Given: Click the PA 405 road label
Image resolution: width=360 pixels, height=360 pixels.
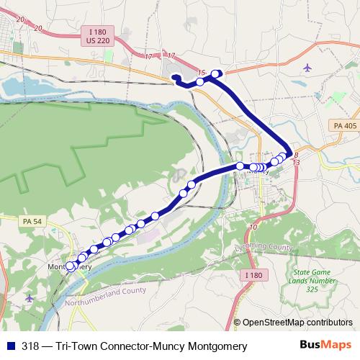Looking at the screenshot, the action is tap(345, 126).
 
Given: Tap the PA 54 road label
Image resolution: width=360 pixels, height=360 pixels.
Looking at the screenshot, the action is tap(31, 221).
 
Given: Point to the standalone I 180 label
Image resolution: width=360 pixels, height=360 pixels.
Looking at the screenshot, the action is tap(253, 274).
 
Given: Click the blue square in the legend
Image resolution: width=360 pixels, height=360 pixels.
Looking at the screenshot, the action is tap(9, 346).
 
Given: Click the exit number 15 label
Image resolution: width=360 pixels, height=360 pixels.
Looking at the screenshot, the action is tap(201, 73).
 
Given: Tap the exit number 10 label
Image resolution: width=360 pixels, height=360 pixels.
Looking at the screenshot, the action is tap(252, 228).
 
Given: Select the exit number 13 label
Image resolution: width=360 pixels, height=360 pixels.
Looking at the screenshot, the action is tap(296, 163).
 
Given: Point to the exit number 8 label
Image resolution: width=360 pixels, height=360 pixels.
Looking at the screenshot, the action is tap(295, 154).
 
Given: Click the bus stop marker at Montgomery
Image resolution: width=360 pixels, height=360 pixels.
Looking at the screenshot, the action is tap(70, 266).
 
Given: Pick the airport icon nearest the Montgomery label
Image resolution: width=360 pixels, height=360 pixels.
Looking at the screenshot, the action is tap(29, 297).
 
